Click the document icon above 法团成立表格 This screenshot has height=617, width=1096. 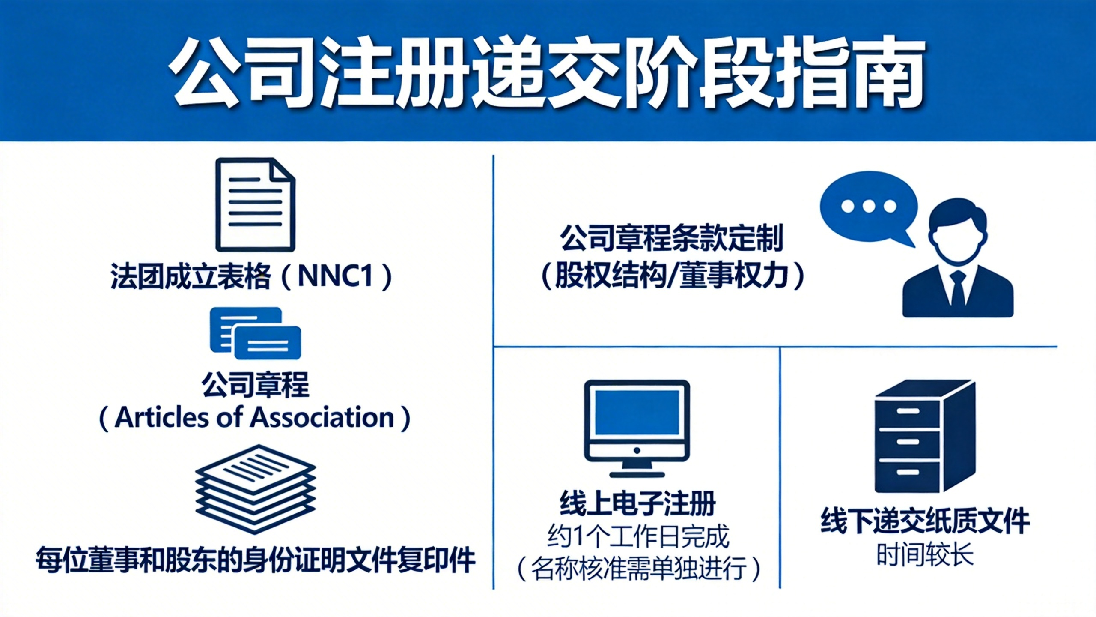(x=255, y=204)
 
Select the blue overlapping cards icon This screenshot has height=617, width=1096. (x=255, y=333)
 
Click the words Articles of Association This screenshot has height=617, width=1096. (x=254, y=417)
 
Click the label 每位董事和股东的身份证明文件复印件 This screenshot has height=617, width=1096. (x=255, y=559)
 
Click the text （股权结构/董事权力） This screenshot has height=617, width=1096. (x=672, y=276)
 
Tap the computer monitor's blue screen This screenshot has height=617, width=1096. (x=637, y=413)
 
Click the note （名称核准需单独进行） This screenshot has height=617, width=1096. (x=638, y=569)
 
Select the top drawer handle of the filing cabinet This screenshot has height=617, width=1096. (x=908, y=411)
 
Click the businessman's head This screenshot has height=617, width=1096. (x=958, y=231)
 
